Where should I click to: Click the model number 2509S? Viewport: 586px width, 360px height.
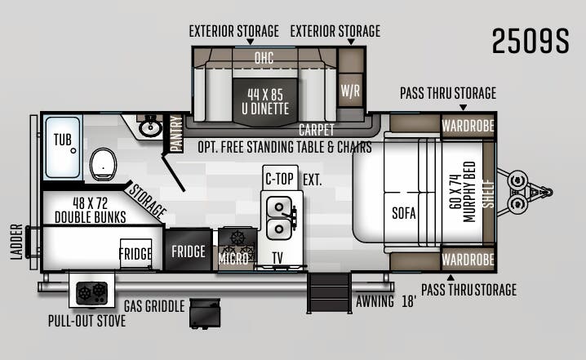point(531,41)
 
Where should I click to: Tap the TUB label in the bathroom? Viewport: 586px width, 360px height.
point(62,140)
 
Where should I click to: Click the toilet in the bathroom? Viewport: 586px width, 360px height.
point(103,164)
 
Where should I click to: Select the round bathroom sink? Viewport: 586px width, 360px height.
point(150,127)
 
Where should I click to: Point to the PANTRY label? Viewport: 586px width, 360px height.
point(176,133)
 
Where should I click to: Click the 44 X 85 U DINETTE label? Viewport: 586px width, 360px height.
point(265,101)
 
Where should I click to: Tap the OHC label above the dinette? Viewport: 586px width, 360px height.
point(264,58)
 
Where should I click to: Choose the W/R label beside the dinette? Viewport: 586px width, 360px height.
point(350,91)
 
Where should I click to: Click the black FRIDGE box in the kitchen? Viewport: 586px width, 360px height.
point(189,250)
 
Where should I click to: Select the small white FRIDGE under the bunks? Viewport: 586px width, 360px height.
point(135,253)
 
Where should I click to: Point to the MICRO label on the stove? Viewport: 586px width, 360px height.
point(233,258)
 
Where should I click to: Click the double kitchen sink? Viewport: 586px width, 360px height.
point(280,218)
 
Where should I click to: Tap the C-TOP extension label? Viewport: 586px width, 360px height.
point(280,179)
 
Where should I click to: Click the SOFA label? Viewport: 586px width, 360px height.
point(404,213)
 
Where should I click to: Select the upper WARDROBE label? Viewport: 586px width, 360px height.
point(468,127)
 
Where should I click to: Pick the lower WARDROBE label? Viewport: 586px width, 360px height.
point(468,260)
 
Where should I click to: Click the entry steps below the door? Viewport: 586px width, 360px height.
point(329,293)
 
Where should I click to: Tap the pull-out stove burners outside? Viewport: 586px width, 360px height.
point(92,293)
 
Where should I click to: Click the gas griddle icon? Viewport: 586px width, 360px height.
point(204,313)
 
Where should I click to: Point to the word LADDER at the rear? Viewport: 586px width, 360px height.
point(16,242)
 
